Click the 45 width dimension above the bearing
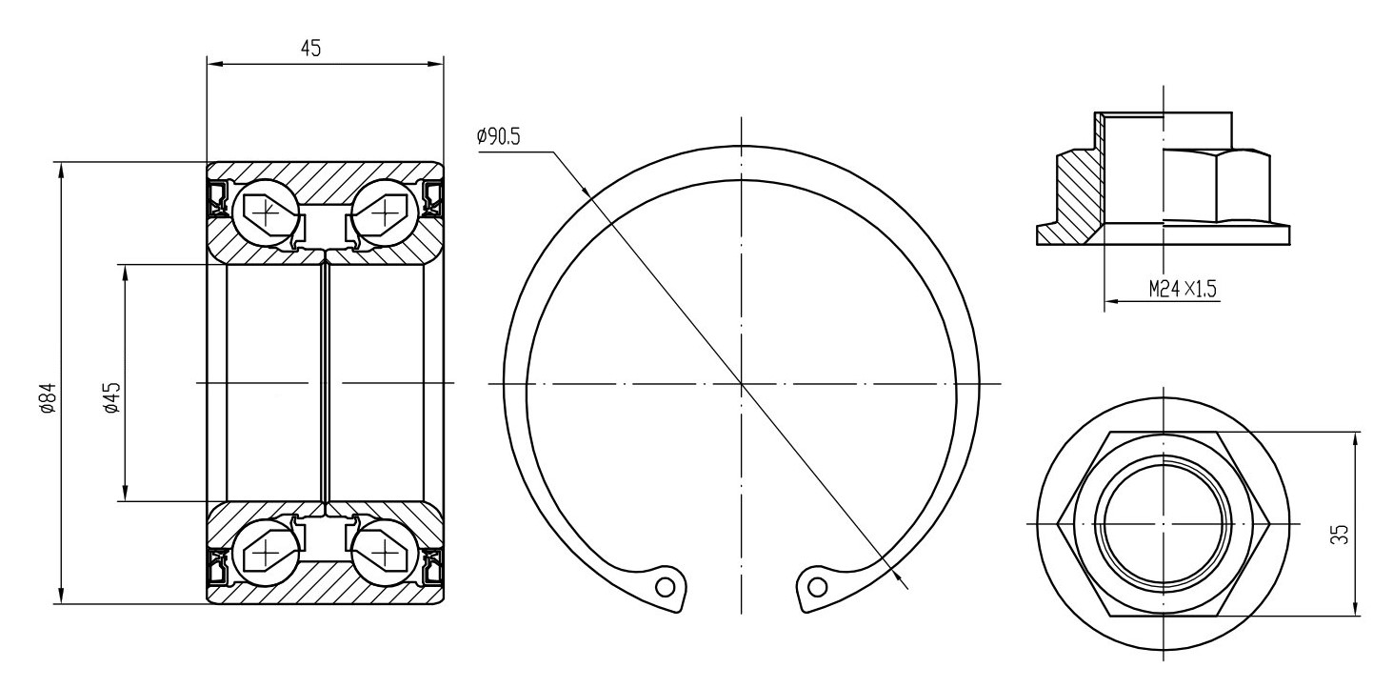point(311,48)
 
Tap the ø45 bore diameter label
point(112,398)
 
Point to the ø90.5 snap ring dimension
point(498,136)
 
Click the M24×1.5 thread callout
point(1183,289)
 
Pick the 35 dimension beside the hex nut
point(1342,534)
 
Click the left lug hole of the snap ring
point(665,586)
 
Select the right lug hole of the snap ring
point(818,586)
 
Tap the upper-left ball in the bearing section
point(266,212)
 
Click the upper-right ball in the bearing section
point(385,212)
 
